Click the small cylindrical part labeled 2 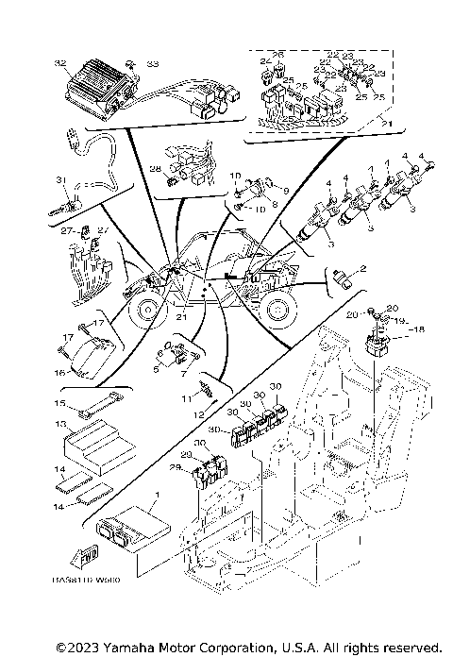click(x=343, y=275)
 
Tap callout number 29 click(x=174, y=467)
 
